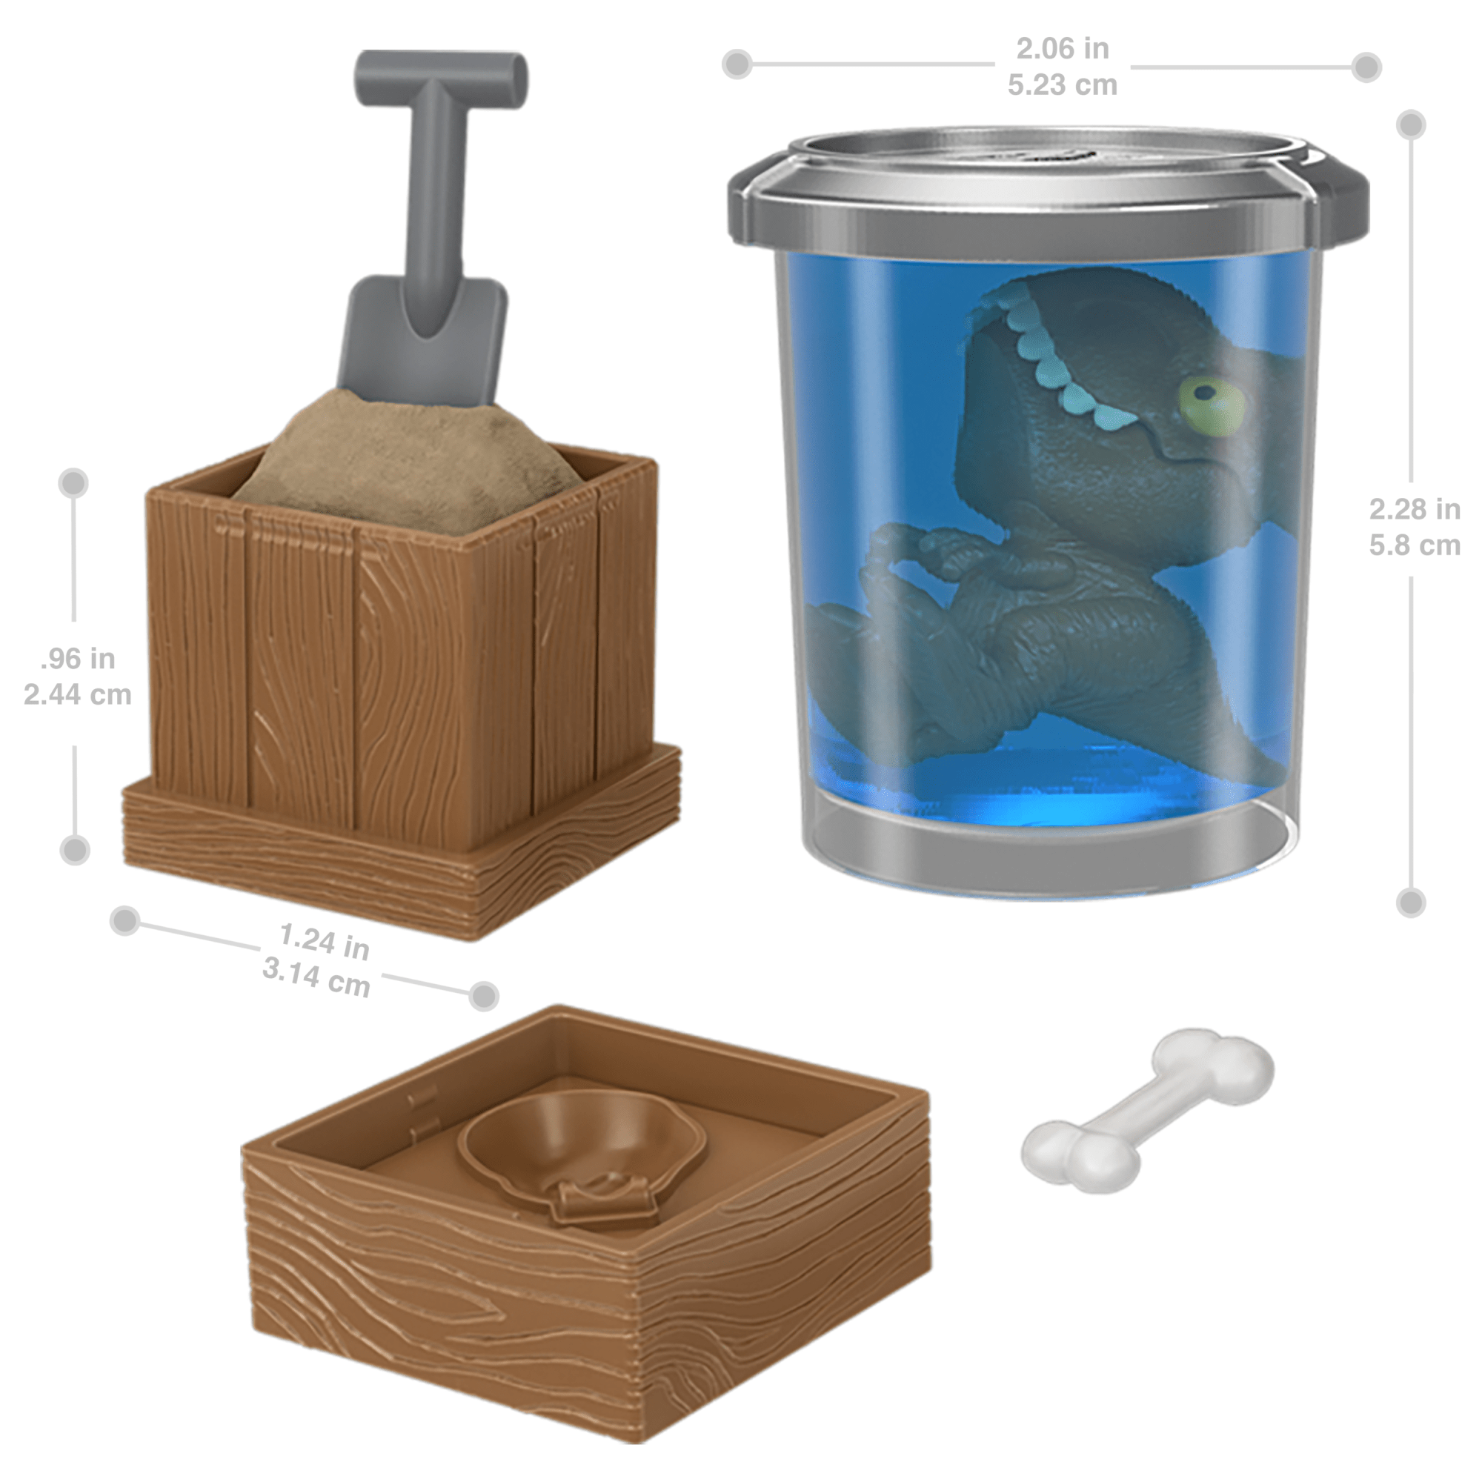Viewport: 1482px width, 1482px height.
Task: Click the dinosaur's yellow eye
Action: point(1212,404)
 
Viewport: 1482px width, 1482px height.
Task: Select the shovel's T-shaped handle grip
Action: point(441,75)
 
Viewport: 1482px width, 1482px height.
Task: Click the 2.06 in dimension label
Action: point(1063,48)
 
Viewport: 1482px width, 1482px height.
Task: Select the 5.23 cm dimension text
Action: point(1063,84)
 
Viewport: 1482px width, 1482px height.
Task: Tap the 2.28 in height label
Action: point(1415,508)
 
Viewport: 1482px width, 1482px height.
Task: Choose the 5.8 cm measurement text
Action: point(1415,545)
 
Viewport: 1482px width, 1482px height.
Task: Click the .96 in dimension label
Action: point(78,658)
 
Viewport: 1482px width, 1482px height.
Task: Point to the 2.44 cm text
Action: point(78,695)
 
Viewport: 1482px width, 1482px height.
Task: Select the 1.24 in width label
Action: point(324,941)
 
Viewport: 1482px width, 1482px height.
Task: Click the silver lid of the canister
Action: point(1048,184)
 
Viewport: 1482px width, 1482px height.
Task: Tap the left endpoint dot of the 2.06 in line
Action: point(737,64)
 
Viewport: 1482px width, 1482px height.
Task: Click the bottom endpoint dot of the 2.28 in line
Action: point(1411,903)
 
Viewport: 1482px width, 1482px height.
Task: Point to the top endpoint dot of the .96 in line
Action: point(73,483)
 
